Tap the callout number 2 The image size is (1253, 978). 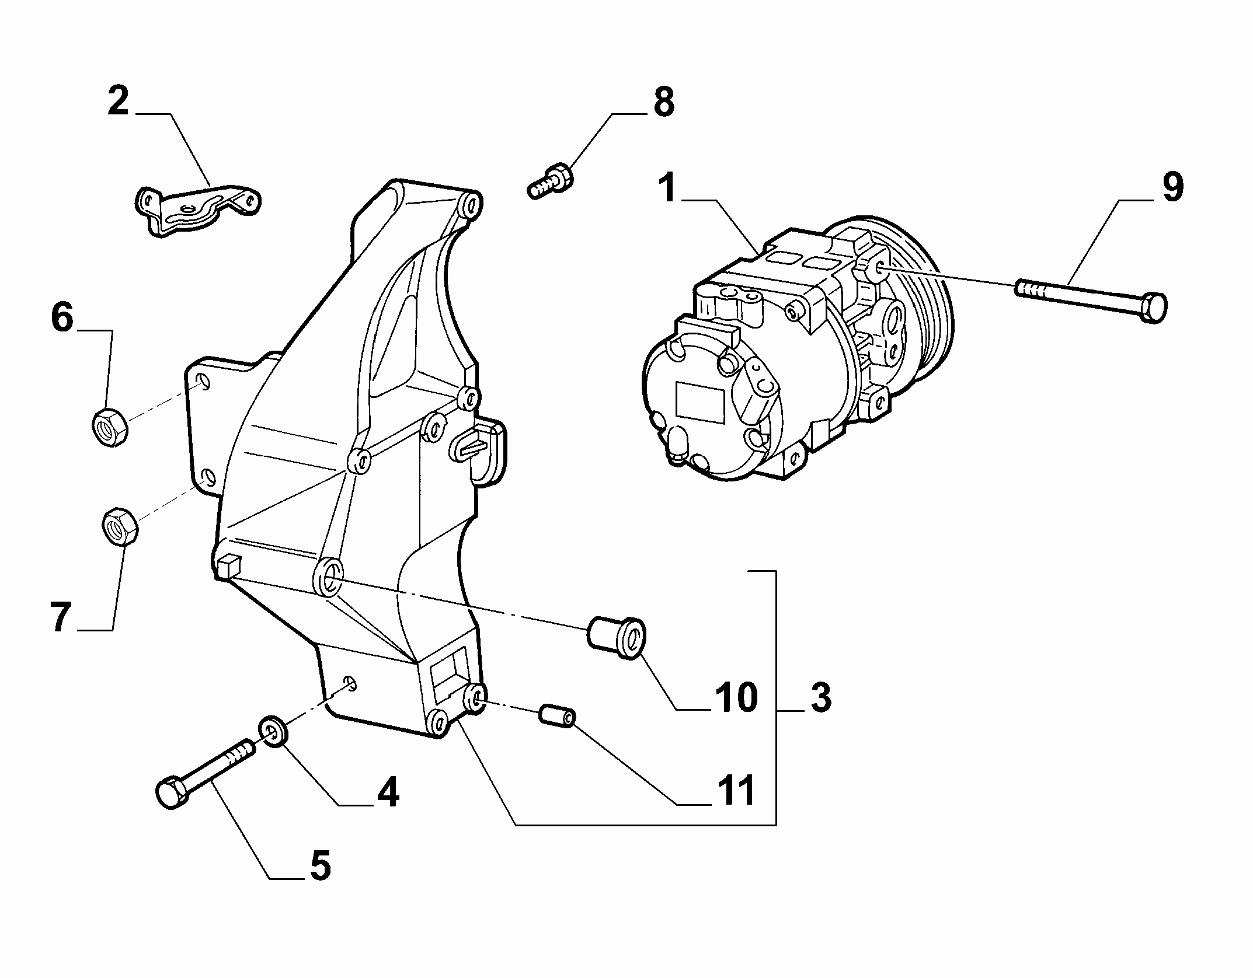pos(119,101)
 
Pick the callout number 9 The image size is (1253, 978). pos(1172,187)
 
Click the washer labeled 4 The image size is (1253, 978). pos(272,732)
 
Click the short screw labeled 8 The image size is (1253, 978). pos(550,181)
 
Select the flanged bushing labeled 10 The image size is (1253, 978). pos(616,637)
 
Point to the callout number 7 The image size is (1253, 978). pos(61,618)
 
